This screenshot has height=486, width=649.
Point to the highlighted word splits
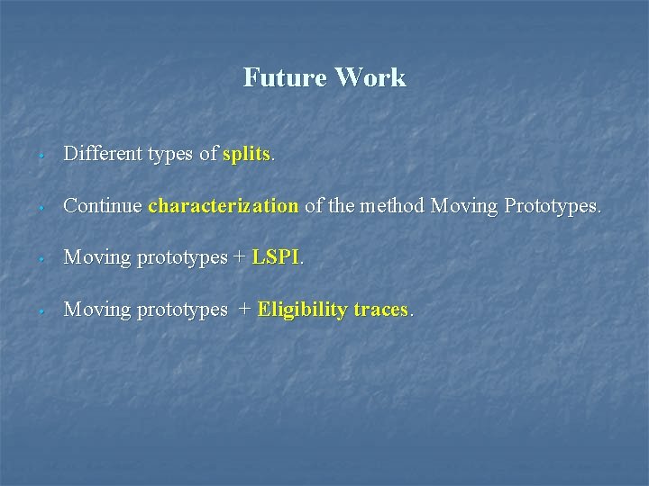point(246,154)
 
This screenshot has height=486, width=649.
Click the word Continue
point(103,206)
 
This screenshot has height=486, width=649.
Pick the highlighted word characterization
point(223,206)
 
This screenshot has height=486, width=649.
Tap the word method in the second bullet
point(393,206)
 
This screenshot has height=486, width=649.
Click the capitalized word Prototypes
point(551,206)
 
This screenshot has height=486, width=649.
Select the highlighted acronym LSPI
point(276,257)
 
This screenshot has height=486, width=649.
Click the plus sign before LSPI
point(239,258)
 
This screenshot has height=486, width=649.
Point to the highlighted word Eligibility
point(302,310)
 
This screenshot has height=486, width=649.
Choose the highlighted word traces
point(381,310)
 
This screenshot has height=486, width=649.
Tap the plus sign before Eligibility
point(244,310)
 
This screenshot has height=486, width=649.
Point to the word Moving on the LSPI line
point(97,258)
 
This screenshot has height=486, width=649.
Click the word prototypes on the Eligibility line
point(182,310)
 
